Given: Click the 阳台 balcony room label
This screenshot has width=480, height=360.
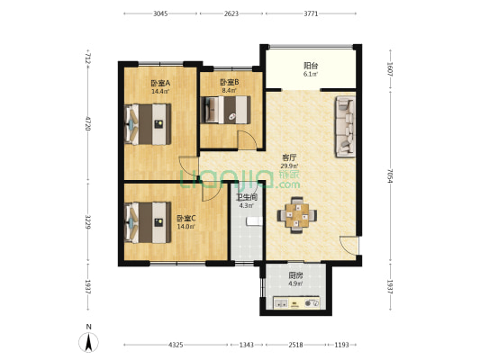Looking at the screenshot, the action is click(311, 66).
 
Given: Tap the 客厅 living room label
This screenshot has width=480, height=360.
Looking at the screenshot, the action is click(289, 157).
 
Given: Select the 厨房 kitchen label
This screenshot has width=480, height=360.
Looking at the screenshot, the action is click(295, 275).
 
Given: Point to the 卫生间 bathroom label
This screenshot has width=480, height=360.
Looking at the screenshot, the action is click(247, 198).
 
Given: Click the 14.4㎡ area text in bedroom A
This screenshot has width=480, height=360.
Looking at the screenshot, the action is click(160, 91).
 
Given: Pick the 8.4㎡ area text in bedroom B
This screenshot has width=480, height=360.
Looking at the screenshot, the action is click(229, 90).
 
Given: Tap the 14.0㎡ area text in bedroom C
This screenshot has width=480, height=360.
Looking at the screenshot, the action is click(186, 227).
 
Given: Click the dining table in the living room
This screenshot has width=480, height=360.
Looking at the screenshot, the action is click(297, 215).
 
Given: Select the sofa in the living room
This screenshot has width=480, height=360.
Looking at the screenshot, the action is click(345, 127).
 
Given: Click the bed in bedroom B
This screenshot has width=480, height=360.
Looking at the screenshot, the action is click(226, 110).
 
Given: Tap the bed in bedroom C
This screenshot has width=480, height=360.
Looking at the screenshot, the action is click(148, 222).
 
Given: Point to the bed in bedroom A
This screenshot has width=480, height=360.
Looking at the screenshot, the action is click(148, 124).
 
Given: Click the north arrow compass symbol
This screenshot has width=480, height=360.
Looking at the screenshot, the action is click(89, 342).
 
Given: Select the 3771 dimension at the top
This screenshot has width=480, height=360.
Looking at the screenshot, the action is click(311, 13).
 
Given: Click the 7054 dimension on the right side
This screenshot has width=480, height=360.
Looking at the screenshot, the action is click(390, 175).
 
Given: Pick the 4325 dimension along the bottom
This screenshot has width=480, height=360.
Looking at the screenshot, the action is click(176, 345).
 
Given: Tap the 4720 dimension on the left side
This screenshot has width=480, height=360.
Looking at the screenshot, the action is click(88, 123).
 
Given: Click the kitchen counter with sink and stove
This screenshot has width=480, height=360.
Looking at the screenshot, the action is click(296, 302).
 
